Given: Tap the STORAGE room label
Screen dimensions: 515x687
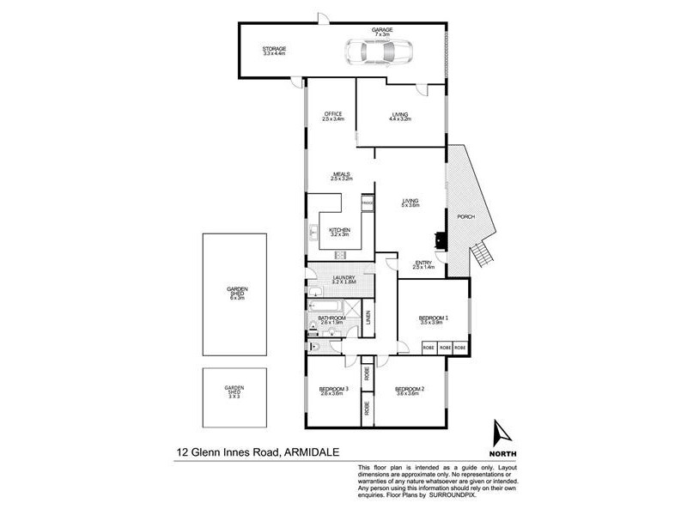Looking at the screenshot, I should click(274, 49).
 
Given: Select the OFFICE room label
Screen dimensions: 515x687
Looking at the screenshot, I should click(333, 114).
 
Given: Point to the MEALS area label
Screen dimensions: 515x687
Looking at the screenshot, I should click(342, 174).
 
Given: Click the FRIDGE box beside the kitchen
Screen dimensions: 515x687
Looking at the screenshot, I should click(367, 203).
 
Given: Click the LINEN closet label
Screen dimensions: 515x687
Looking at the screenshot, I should click(368, 318).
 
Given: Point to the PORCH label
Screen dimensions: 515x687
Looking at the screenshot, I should click(466, 216).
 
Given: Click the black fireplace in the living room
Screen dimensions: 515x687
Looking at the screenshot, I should click(440, 240).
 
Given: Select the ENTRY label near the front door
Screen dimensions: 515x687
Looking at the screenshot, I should click(423, 264).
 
